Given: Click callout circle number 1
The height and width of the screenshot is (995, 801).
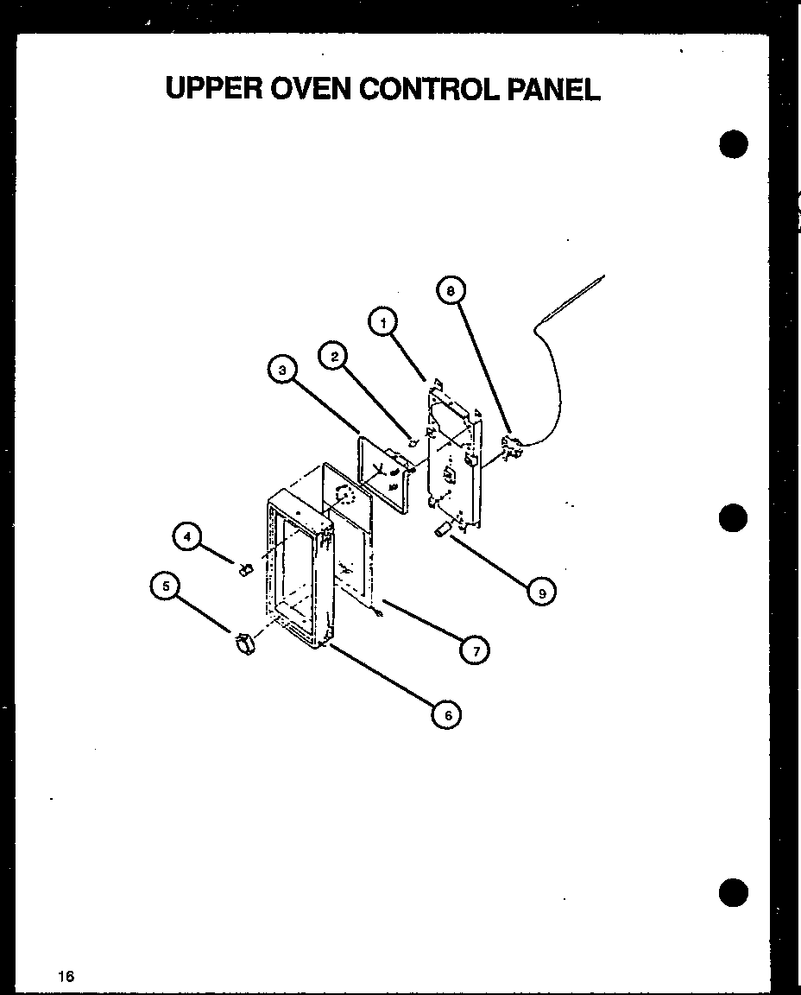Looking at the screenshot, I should pyautogui.click(x=383, y=323).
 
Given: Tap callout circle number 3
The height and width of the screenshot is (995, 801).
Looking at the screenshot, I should pyautogui.click(x=281, y=370).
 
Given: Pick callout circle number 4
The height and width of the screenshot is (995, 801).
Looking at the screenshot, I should pyautogui.click(x=186, y=536).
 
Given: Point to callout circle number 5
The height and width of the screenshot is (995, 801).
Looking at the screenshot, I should pyautogui.click(x=164, y=586).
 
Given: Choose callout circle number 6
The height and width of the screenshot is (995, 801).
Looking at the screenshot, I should pyautogui.click(x=447, y=714).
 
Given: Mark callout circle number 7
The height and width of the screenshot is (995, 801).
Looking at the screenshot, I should pyautogui.click(x=475, y=650).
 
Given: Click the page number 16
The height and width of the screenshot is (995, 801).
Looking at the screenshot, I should pyautogui.click(x=66, y=977).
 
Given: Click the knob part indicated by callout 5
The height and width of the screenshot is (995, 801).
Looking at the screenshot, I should pyautogui.click(x=243, y=644).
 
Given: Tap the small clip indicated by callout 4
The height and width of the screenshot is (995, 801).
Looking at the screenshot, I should pyautogui.click(x=244, y=568).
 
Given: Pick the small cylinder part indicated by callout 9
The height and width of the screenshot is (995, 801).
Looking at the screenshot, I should pyautogui.click(x=444, y=529).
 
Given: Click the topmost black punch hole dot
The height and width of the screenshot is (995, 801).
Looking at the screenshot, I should pyautogui.click(x=732, y=144).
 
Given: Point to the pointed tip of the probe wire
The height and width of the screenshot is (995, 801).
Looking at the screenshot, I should pyautogui.click(x=603, y=276).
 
